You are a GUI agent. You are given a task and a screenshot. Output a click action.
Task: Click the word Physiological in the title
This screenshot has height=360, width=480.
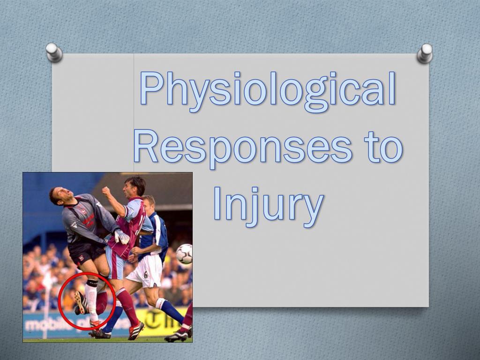pos(268,89)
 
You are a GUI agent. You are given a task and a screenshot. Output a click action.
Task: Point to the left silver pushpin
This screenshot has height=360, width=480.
pos(54,52)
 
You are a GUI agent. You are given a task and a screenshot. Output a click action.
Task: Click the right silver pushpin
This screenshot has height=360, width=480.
pos(425,53)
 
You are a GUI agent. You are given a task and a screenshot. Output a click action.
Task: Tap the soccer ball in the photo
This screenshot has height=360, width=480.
pos(184,254)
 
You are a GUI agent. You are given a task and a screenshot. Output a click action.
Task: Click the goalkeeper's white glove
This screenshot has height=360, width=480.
pos(122,237)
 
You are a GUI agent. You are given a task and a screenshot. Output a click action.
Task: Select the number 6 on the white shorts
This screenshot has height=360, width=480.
pos(146,275)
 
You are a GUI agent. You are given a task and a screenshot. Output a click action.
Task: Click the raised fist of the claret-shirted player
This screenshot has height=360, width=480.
pos(107,192)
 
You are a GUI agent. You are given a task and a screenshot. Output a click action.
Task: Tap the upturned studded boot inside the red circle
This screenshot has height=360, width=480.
pos(81,302)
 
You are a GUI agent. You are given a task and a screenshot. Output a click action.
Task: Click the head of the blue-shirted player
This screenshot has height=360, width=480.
pos(149,204)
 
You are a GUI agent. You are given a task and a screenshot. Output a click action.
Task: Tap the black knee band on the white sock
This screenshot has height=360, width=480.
pos(92,284)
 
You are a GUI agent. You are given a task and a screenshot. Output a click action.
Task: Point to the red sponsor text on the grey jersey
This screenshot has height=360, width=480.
pos(89,219)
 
